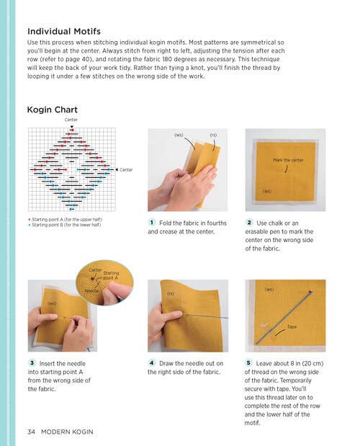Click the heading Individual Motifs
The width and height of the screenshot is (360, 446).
coord(63,32)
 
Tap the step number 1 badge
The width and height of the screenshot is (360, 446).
coord(153,223)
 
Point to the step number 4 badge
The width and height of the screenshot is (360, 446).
coord(152,362)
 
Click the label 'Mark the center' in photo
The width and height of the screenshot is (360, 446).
coord(287,159)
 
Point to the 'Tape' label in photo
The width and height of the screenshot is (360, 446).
coord(292,327)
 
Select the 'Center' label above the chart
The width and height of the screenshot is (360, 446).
coord(71,120)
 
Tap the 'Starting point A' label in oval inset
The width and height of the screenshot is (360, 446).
coord(111,275)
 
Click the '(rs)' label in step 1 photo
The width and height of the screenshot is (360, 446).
coord(213,135)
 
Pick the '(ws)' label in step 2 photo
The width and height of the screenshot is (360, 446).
coord(267,191)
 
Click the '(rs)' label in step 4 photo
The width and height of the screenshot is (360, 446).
coord(171,293)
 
